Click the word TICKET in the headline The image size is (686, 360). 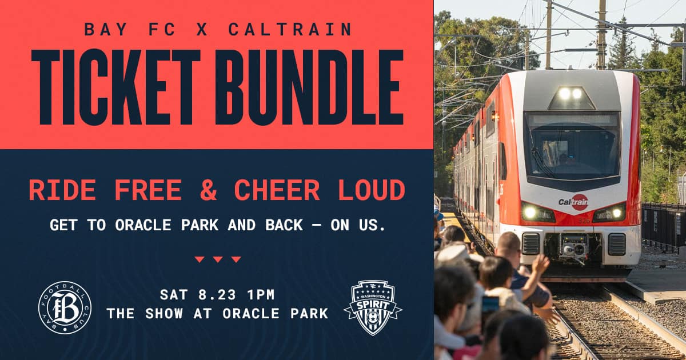click(x=116, y=87)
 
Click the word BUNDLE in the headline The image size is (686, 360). click(x=309, y=87)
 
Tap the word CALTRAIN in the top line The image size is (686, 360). click(x=290, y=29)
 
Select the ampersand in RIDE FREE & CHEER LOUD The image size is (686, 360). click(x=208, y=190)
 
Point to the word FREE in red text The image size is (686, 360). click(x=148, y=190)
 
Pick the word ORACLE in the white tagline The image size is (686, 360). click(x=143, y=225)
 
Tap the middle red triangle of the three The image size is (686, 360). click(x=218, y=259)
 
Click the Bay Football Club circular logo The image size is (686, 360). click(x=65, y=307)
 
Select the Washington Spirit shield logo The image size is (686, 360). click(x=373, y=307)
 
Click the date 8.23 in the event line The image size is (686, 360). click(x=217, y=295)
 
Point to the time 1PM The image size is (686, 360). click(x=261, y=295)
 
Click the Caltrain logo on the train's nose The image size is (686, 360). click(x=573, y=202)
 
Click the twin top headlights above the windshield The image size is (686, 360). click(x=571, y=93)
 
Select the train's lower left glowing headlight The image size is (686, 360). click(x=530, y=212)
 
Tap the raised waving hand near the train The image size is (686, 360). click(x=541, y=264)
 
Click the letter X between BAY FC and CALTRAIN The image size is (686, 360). click(x=202, y=29)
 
